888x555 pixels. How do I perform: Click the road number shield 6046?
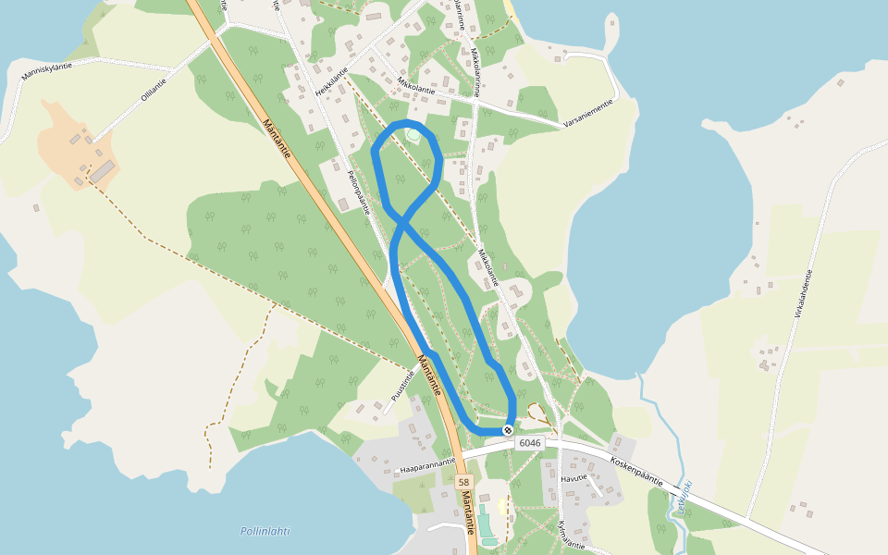pos(530,443)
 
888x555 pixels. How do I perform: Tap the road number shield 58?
pos(463,483)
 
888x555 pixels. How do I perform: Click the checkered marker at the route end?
pos(508,429)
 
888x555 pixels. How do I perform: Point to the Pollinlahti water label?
pos(265,531)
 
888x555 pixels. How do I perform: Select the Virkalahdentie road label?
pos(802,294)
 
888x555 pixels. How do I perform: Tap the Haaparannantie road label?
pos(426,465)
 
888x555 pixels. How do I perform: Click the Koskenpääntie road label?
pos(637,470)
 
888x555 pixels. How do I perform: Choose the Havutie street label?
pos(573,479)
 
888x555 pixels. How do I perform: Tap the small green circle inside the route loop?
pos(413,135)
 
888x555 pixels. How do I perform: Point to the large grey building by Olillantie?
pos(103,171)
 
